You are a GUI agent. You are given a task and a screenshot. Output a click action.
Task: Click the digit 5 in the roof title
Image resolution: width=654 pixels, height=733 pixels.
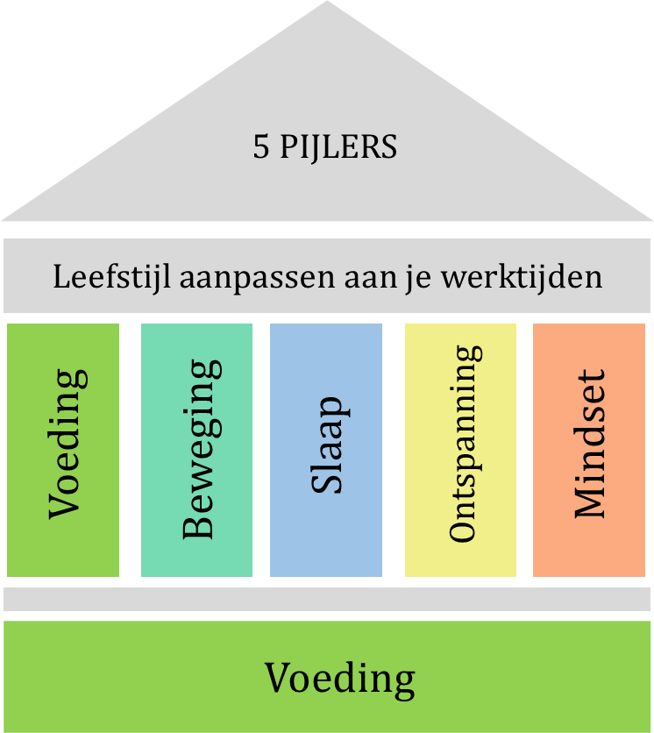click(261, 146)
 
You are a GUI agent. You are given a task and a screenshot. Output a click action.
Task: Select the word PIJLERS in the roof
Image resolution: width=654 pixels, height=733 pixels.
click(338, 147)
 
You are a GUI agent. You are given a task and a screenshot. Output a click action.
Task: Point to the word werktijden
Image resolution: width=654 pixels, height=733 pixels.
click(522, 277)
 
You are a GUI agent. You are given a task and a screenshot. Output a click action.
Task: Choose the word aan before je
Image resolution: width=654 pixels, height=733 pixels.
click(370, 280)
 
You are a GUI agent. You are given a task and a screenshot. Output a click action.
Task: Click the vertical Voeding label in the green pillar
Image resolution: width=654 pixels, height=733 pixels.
click(68, 445)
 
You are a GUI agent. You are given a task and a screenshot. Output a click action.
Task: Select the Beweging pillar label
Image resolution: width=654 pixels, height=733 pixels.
click(202, 450)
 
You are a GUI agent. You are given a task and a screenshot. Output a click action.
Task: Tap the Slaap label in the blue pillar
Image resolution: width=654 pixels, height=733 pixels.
click(331, 445)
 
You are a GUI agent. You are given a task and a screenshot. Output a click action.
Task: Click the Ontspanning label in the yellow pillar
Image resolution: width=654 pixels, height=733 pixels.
click(465, 445)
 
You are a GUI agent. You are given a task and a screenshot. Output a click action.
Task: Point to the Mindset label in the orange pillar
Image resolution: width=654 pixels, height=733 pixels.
click(589, 445)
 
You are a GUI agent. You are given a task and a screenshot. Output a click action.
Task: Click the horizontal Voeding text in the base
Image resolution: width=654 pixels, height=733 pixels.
click(340, 680)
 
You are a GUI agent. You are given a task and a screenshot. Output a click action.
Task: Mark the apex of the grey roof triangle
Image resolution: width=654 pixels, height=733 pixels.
click(327, 2)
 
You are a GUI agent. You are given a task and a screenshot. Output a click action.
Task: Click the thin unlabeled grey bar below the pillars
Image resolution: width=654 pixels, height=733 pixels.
click(327, 600)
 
